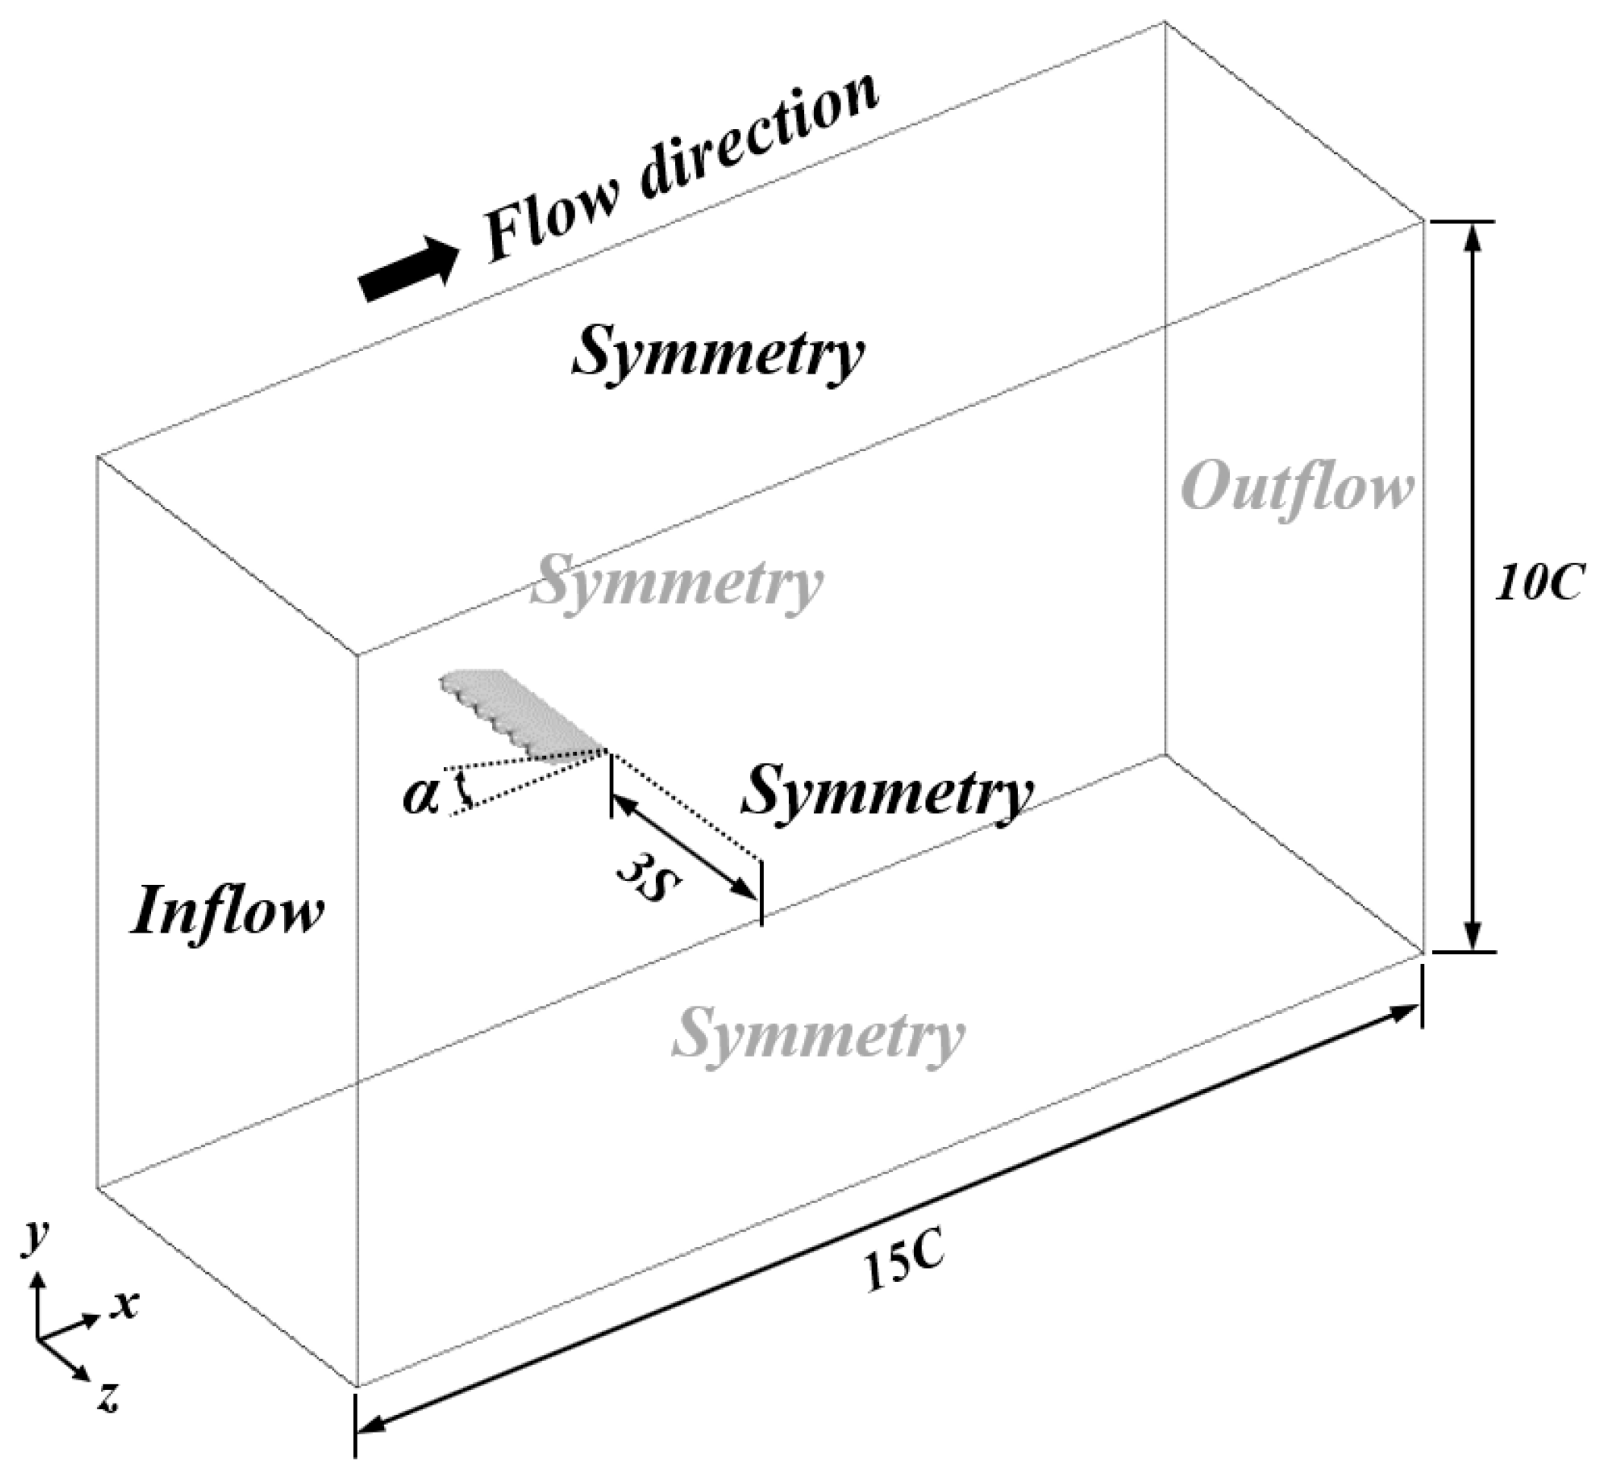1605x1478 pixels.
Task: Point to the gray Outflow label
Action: click(x=1298, y=488)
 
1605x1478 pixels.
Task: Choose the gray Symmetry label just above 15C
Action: click(x=818, y=1035)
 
